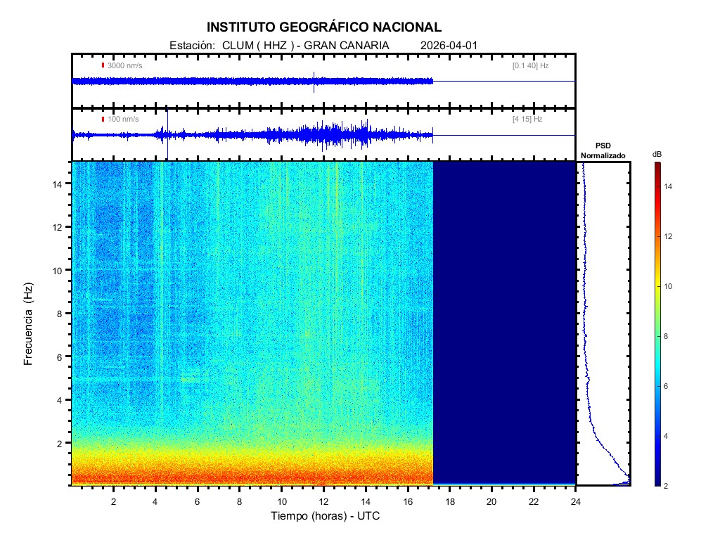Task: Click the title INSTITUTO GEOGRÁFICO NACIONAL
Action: point(324,27)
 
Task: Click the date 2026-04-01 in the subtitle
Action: point(449,45)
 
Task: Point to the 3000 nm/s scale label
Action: point(124,65)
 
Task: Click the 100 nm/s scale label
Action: point(123,119)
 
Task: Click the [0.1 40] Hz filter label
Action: point(530,65)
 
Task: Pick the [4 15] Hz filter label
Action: point(527,119)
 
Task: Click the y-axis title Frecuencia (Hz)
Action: point(29,323)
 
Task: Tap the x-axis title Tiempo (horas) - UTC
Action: point(326,516)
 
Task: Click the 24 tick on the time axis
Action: point(576,501)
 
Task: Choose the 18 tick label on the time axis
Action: point(450,501)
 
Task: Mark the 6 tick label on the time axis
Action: point(198,501)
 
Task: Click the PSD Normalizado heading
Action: point(603,150)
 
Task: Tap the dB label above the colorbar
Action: point(657,154)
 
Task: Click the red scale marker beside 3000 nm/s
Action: point(103,65)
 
